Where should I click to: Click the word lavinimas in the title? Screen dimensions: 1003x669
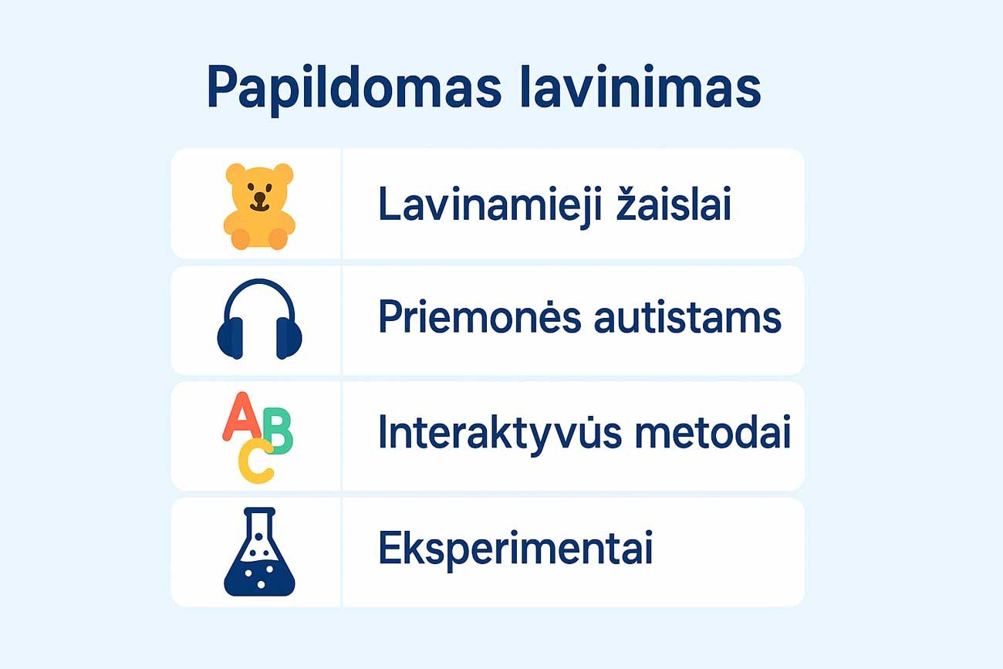pos(640,87)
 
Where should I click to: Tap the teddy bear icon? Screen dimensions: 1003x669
pos(259,206)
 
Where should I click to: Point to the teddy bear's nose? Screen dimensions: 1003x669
pos(260,197)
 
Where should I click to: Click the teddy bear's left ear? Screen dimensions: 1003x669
pos(235,174)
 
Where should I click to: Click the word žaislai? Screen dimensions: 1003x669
pos(674,204)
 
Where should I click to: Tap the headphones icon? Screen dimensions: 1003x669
pos(259,319)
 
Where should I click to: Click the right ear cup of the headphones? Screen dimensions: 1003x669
pos(289,338)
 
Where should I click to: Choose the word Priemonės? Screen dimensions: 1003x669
pos(480,317)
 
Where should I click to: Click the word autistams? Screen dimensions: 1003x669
pos(687,319)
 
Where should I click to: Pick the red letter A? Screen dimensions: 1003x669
pos(241,415)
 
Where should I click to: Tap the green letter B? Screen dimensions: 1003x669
pos(279,431)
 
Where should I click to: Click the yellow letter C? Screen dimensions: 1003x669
pos(255,461)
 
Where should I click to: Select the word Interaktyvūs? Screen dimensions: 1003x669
pos(500,433)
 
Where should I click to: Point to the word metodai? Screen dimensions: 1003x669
pos(713,431)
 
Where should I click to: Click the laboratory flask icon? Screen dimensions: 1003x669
pos(259,552)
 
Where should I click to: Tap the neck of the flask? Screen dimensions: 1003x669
pos(259,524)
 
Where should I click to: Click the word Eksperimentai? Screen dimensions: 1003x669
pos(515,549)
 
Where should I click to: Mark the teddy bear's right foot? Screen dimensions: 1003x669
pos(279,238)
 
